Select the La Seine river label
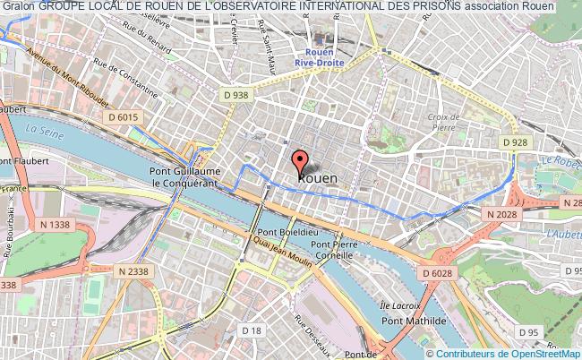click(44, 131)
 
